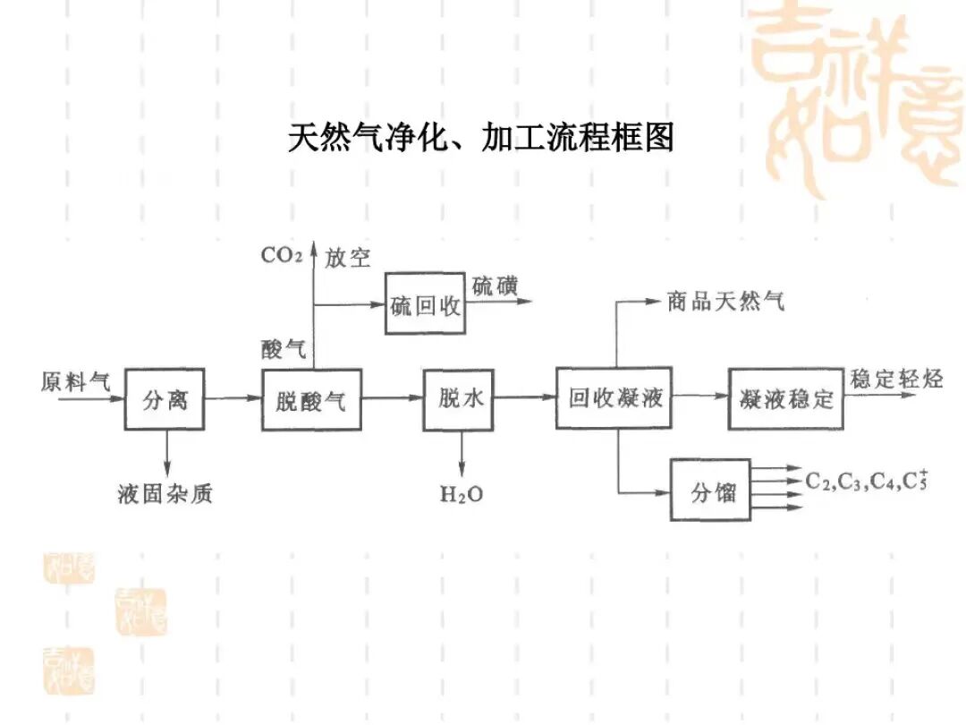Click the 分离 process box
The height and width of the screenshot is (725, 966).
165,400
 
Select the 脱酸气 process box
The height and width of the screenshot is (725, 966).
311,400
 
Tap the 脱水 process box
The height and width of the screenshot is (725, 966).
460,399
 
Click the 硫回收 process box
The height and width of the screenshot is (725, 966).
426,304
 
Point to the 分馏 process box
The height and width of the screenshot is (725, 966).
712,490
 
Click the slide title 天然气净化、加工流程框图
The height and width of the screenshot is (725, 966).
481,138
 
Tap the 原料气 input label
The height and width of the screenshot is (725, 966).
76,381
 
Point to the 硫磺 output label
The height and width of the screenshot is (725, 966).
495,286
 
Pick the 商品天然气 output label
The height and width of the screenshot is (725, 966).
725,302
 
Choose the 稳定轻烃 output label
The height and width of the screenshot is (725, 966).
897,379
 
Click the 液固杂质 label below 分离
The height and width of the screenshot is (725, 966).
165,493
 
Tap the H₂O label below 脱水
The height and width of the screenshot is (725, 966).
461,493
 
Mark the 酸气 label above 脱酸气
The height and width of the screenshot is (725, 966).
284,349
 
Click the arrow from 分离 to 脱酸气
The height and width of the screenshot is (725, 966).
233,399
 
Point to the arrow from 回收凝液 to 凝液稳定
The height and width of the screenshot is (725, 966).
701,399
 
